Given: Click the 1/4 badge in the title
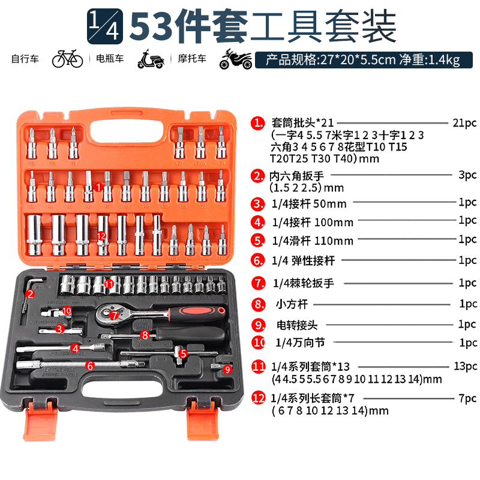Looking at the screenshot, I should [x=105, y=26].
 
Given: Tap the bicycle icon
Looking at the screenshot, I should [x=67, y=59].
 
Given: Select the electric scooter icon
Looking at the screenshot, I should [x=151, y=59].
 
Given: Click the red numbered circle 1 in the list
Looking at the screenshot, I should [x=258, y=123].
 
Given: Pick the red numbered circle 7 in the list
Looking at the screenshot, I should [x=258, y=283].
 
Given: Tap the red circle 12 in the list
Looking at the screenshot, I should [x=258, y=397].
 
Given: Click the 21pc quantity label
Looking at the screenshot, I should [x=464, y=123].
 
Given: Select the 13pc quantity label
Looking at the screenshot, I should [x=466, y=365].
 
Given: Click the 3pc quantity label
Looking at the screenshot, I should [x=467, y=175].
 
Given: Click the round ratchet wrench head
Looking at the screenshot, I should [x=112, y=311].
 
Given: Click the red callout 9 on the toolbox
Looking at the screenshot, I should [x=227, y=370].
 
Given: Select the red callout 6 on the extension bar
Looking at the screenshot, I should [x=89, y=365].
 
